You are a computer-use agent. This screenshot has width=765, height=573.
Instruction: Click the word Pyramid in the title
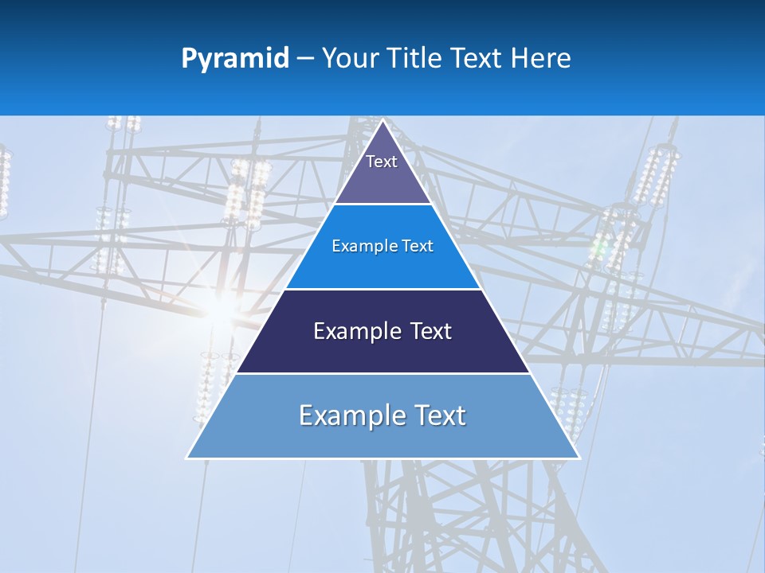click(x=234, y=59)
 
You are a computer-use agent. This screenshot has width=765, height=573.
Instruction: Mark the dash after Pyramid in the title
click(x=305, y=59)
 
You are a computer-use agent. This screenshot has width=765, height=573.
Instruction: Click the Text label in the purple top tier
click(x=382, y=162)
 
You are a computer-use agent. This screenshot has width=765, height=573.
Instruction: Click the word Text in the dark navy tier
click(x=431, y=331)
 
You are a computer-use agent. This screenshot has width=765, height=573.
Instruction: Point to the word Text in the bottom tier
click(x=438, y=415)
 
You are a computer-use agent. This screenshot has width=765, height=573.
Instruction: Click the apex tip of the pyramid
click(x=382, y=121)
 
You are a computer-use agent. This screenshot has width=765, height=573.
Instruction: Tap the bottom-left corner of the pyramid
click(x=188, y=458)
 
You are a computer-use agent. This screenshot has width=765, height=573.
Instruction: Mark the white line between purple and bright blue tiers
click(x=382, y=204)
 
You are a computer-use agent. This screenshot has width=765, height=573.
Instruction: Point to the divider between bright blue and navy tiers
click(x=382, y=289)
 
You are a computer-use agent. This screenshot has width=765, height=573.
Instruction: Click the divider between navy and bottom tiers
click(x=382, y=373)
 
